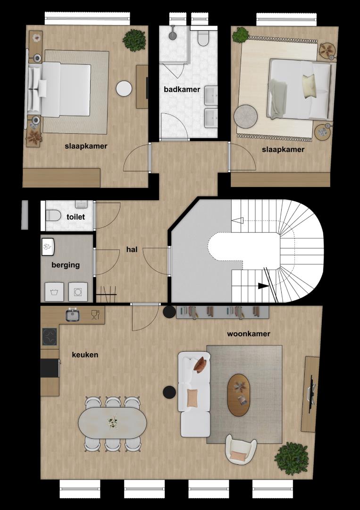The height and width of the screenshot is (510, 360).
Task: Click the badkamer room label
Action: tap(182, 89)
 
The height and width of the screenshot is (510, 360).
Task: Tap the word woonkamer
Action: tap(249, 334)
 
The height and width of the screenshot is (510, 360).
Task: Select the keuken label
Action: tap(85, 355)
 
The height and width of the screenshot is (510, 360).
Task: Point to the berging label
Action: tap(66, 265)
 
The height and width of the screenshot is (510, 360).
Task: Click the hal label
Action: tap(132, 249)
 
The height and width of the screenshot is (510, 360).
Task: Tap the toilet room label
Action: tap(75, 217)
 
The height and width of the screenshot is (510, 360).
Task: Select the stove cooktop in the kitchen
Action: tap(50, 337)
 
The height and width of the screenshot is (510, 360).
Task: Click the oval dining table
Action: tap(112, 423)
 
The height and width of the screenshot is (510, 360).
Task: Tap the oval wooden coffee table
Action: tap(239, 395)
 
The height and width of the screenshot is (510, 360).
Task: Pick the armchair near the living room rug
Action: tap(241, 450)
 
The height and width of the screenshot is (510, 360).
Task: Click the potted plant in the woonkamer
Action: tap(291, 459)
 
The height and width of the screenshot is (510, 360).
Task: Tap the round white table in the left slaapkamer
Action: tap(124, 88)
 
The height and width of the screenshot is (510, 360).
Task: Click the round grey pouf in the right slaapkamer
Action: tap(246, 117)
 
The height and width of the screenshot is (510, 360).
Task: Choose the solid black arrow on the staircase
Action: tap(263, 286)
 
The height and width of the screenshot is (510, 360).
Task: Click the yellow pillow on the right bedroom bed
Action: tap(309, 86)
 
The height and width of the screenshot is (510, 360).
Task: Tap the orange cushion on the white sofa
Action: tap(192, 398)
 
